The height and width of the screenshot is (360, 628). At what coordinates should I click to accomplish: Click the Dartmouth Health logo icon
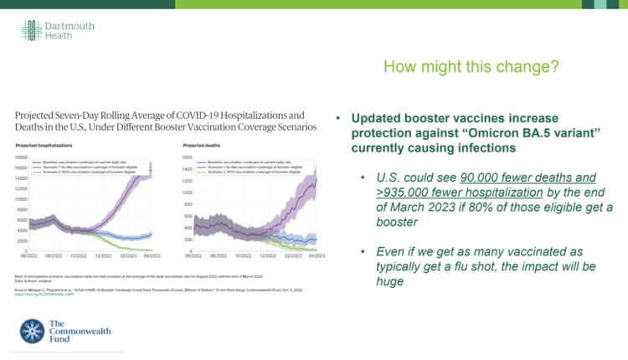coord(31,31)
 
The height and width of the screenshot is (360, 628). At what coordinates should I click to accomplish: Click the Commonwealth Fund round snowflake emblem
coord(33,330)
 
